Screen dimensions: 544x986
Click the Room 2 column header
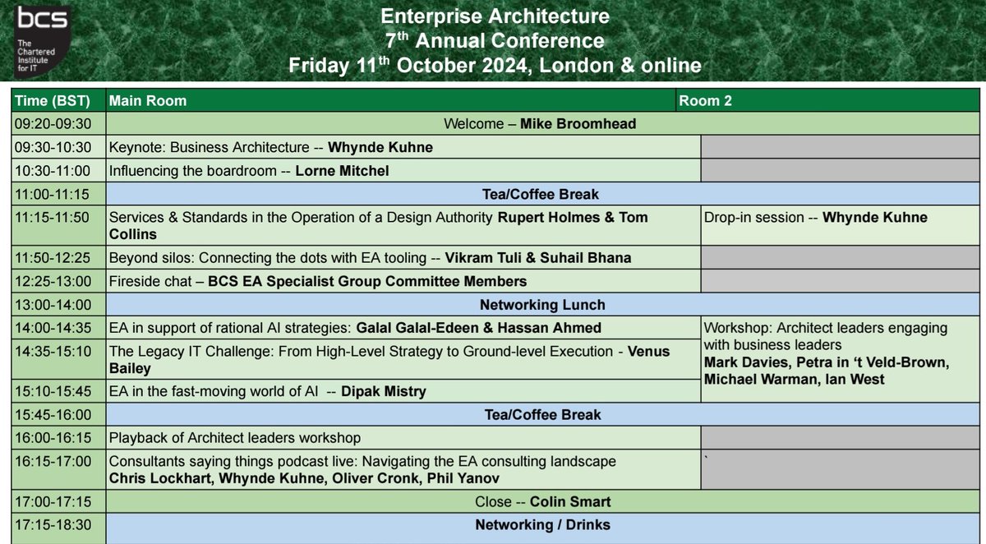(x=705, y=101)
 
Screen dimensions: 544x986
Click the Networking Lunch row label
(x=542, y=305)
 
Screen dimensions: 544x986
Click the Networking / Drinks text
(x=542, y=524)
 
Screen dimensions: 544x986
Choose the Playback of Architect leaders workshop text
(x=235, y=438)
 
